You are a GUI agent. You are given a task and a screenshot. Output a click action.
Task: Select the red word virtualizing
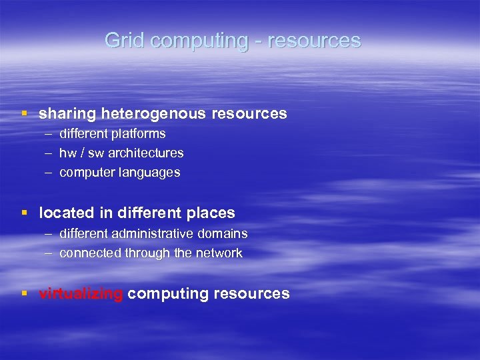coord(81,294)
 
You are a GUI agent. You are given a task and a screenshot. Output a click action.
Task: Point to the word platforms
coord(139,134)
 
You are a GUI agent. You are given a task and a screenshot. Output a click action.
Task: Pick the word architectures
coord(145,153)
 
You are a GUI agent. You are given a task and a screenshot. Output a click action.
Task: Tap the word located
coord(66,213)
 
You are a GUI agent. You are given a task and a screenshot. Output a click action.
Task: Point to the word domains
coord(225,234)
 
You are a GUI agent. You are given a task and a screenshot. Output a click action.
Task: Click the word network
coord(221,253)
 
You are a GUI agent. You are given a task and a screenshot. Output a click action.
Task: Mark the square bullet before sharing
coord(25,114)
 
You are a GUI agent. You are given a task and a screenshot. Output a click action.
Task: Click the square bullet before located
coord(25,213)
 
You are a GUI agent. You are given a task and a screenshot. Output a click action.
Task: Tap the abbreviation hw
coord(67,153)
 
